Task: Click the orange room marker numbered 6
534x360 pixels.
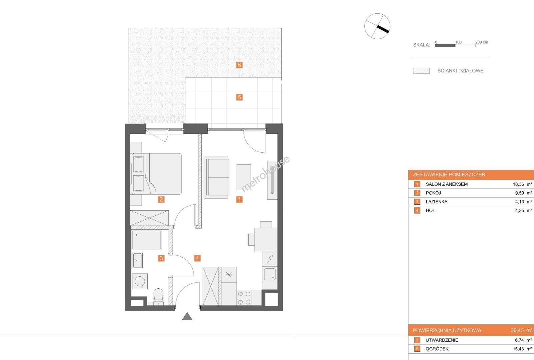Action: click(239, 65)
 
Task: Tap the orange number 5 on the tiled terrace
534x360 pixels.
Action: click(239, 97)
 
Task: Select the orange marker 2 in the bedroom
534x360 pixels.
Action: click(161, 199)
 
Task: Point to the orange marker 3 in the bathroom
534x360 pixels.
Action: click(161, 258)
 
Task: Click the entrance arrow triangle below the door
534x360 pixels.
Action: click(187, 316)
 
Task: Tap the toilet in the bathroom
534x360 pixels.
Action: click(158, 297)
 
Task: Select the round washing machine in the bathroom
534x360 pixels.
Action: click(140, 281)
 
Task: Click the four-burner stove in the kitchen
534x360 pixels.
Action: click(245, 298)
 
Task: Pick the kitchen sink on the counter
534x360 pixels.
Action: click(270, 274)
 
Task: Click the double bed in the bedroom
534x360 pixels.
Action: click(156, 174)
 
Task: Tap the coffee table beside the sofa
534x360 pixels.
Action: click(244, 177)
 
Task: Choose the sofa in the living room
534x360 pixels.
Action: click(217, 177)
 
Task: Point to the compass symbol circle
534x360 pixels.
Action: click(377, 26)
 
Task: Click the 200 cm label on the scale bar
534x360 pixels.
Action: click(482, 42)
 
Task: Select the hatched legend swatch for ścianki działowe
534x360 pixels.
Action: click(421, 71)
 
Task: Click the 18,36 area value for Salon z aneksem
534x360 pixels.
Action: click(518, 184)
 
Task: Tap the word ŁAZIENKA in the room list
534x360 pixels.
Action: click(436, 202)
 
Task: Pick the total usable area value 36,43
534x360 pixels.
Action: click(517, 330)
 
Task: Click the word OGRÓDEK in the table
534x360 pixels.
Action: click(437, 349)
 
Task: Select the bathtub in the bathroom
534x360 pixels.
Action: click(147, 240)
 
